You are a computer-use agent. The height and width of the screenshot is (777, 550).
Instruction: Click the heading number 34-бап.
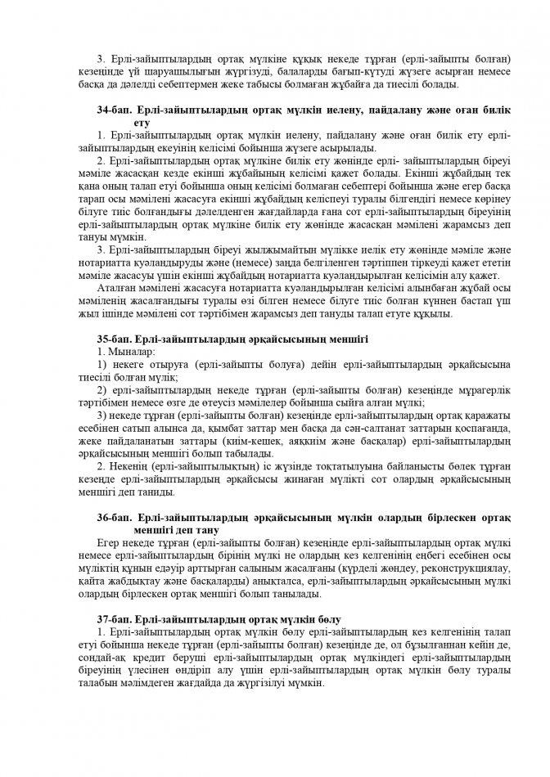114,110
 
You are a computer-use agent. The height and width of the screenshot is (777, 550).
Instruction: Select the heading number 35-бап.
114,337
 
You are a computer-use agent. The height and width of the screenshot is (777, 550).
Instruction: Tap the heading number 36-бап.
114,519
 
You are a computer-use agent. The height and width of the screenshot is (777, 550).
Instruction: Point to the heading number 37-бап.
114,620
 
